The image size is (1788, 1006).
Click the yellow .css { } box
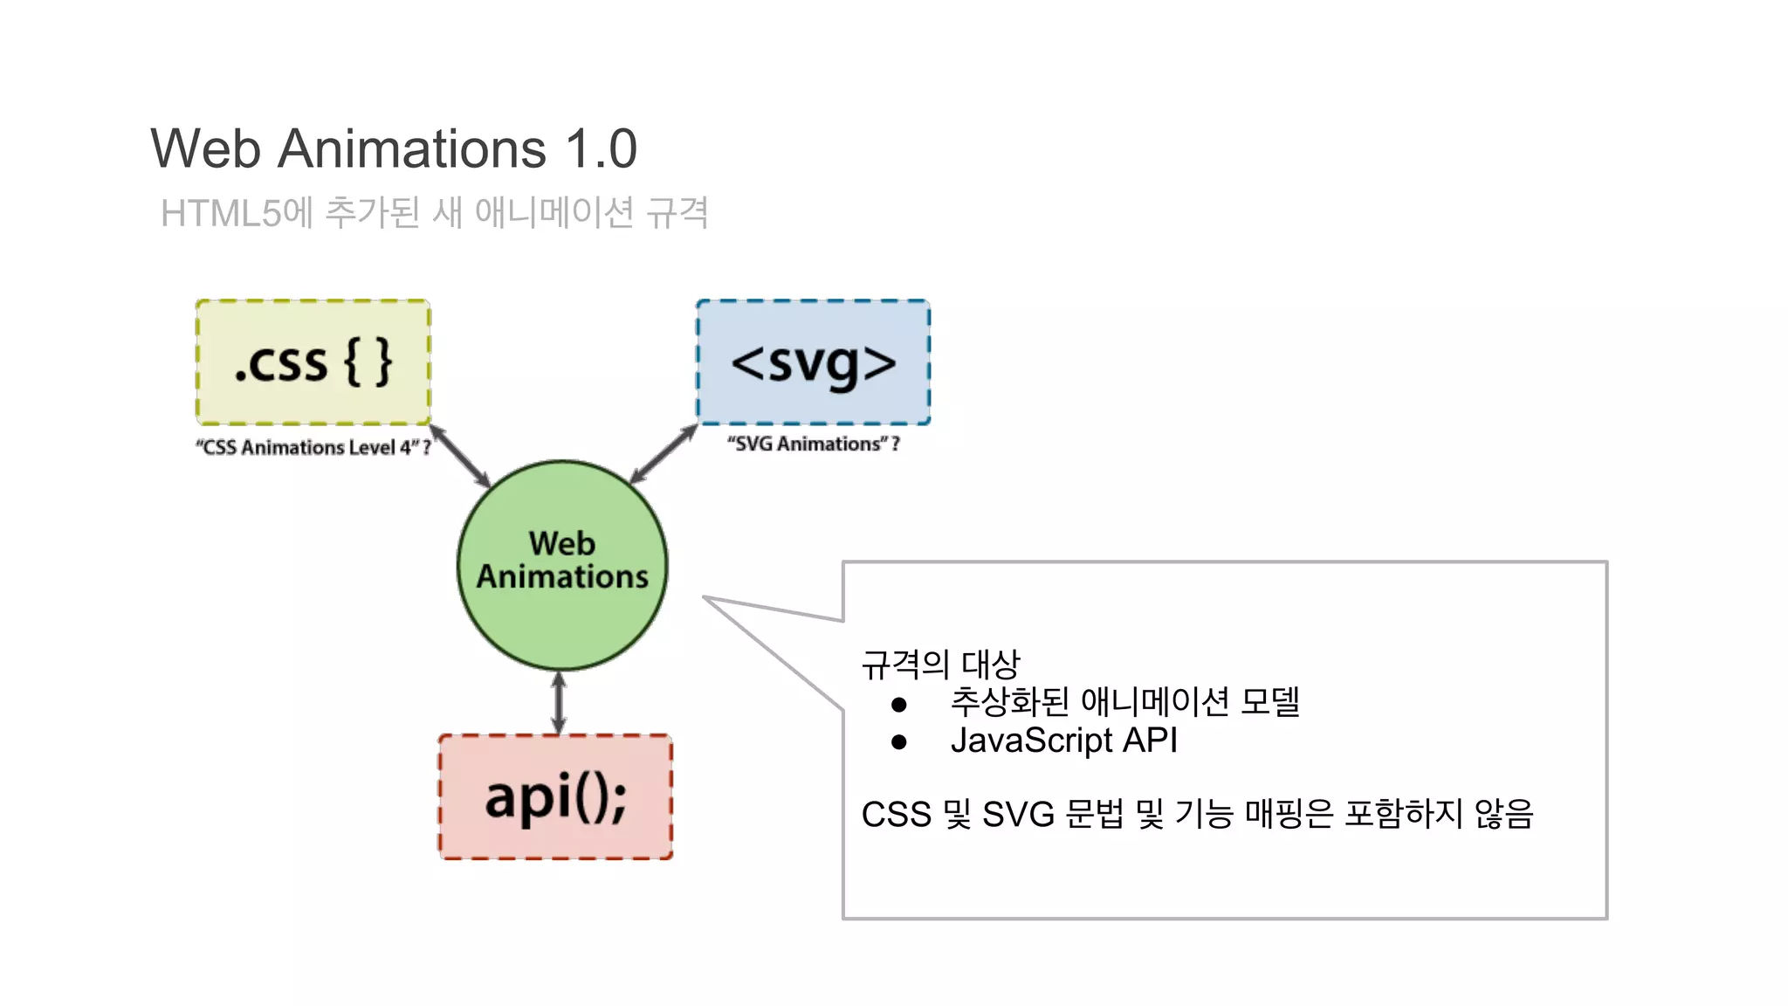pyautogui.click(x=313, y=362)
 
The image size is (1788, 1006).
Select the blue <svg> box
pyautogui.click(x=813, y=362)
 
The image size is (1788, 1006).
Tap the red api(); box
pyautogui.click(x=555, y=797)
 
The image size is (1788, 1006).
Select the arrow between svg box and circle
pyautogui.click(x=664, y=453)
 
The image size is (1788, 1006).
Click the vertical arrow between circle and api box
pyautogui.click(x=559, y=703)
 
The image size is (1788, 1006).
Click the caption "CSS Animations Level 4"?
pyautogui.click(x=313, y=448)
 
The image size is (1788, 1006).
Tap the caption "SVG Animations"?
pyautogui.click(x=813, y=444)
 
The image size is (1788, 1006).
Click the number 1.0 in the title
pyautogui.click(x=602, y=148)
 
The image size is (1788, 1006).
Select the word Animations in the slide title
pyautogui.click(x=411, y=148)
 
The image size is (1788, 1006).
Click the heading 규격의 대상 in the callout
pyautogui.click(x=940, y=665)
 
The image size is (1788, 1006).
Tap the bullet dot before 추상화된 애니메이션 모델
pyautogui.click(x=899, y=704)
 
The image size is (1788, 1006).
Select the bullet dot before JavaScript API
pyautogui.click(x=899, y=742)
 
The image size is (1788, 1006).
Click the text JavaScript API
pyautogui.click(x=1063, y=741)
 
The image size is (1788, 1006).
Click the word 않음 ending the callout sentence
pyautogui.click(x=1503, y=814)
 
